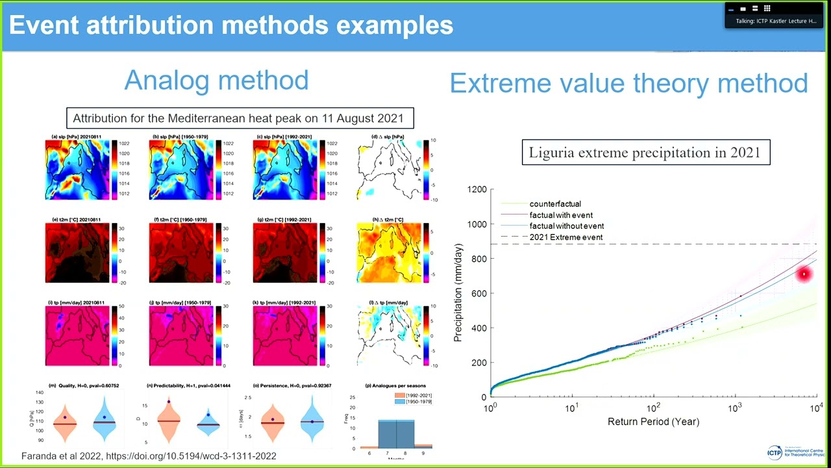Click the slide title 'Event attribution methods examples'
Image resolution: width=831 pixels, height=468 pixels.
tap(230, 25)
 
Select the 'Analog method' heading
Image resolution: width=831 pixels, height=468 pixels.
tap(216, 80)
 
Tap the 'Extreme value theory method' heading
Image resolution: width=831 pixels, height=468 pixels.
tap(628, 83)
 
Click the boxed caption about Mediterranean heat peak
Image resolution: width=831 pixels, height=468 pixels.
tap(239, 118)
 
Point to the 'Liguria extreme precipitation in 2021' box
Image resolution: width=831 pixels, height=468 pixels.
tap(645, 153)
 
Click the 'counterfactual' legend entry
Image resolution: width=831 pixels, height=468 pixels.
tap(555, 204)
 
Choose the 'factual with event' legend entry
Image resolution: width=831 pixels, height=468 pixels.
tap(561, 215)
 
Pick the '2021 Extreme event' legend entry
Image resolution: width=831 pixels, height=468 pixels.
tap(565, 237)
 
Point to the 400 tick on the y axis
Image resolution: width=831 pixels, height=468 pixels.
tap(478, 328)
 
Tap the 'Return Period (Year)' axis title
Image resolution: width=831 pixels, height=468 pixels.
tap(653, 422)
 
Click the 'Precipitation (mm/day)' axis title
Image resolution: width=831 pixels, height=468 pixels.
tap(458, 292)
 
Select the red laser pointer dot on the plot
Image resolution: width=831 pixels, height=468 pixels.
tap(804, 274)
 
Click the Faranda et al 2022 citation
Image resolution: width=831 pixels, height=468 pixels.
tap(149, 456)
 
